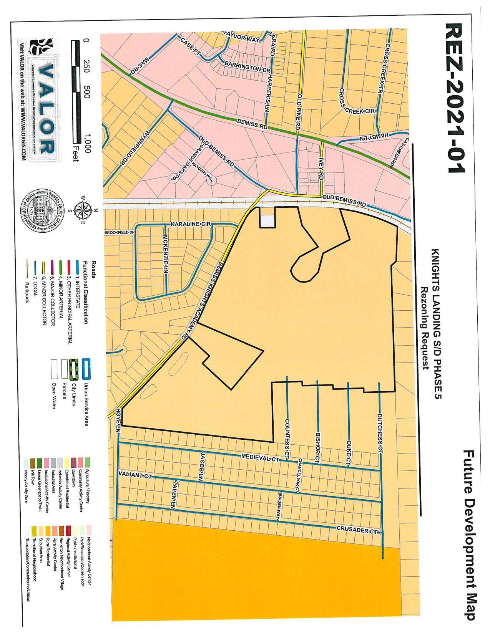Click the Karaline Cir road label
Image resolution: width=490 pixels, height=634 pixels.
tap(190, 223)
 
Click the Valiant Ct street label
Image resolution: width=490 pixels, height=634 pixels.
tap(135, 475)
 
